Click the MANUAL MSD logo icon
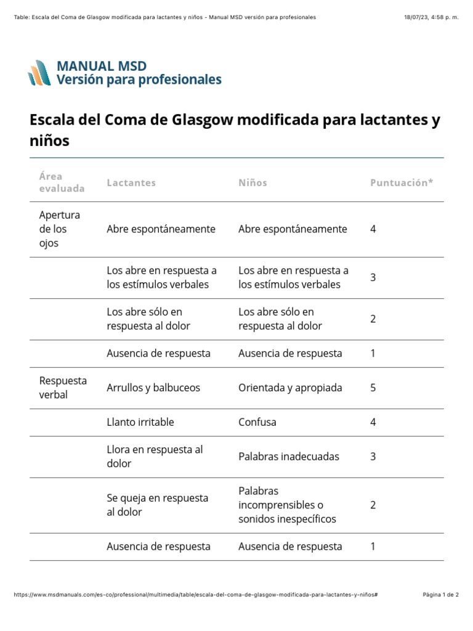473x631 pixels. pyautogui.click(x=39, y=73)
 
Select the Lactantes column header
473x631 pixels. pyautogui.click(x=131, y=183)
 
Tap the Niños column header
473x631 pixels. pyautogui.click(x=253, y=183)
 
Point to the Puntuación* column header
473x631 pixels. pyautogui.click(x=402, y=183)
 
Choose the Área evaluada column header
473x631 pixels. pyautogui.click(x=62, y=182)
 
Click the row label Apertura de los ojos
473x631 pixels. pyautogui.click(x=60, y=229)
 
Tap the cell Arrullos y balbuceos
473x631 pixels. pyautogui.click(x=153, y=388)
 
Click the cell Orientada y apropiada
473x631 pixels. pyautogui.click(x=290, y=388)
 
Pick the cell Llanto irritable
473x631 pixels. pyautogui.click(x=140, y=422)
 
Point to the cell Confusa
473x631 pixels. pyautogui.click(x=257, y=422)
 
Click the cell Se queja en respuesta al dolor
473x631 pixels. pyautogui.click(x=157, y=505)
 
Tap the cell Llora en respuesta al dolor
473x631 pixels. pyautogui.click(x=155, y=457)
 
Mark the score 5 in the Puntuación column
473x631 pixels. pyautogui.click(x=373, y=388)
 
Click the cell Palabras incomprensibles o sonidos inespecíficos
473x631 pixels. pyautogui.click(x=287, y=505)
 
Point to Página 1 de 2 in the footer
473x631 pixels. pyautogui.click(x=441, y=595)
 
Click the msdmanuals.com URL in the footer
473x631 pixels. pyautogui.click(x=195, y=595)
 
